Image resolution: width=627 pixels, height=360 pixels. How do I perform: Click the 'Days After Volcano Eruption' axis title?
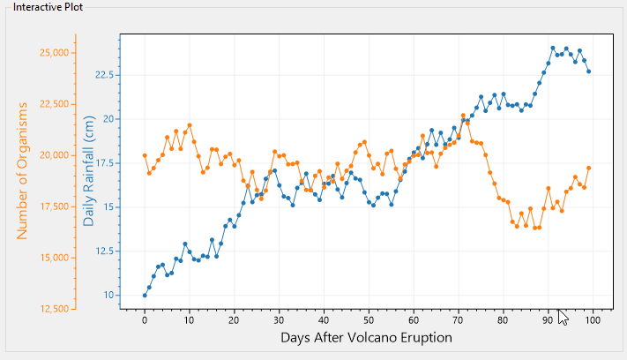click(x=366, y=337)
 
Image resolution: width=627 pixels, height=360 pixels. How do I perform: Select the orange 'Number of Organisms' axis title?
click(x=23, y=170)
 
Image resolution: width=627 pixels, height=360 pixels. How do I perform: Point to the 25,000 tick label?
click(x=55, y=52)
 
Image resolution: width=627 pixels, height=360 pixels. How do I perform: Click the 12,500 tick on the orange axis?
click(x=55, y=309)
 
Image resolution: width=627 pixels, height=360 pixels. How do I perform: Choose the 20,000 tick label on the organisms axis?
click(x=55, y=155)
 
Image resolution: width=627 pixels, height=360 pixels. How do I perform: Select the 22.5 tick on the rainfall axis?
click(x=102, y=75)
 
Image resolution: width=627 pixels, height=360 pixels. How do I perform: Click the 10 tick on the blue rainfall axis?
click(x=108, y=295)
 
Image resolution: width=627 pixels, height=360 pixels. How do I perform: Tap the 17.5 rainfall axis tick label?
click(x=102, y=163)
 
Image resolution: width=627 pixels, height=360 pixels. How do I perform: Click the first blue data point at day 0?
click(x=145, y=295)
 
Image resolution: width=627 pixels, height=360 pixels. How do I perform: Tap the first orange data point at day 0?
click(x=145, y=155)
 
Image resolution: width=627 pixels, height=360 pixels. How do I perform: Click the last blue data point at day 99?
click(x=588, y=71)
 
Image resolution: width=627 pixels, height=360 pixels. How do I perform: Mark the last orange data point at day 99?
click(x=588, y=168)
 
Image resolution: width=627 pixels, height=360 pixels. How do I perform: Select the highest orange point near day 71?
click(x=463, y=116)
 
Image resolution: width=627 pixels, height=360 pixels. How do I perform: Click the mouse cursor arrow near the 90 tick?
click(x=562, y=318)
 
